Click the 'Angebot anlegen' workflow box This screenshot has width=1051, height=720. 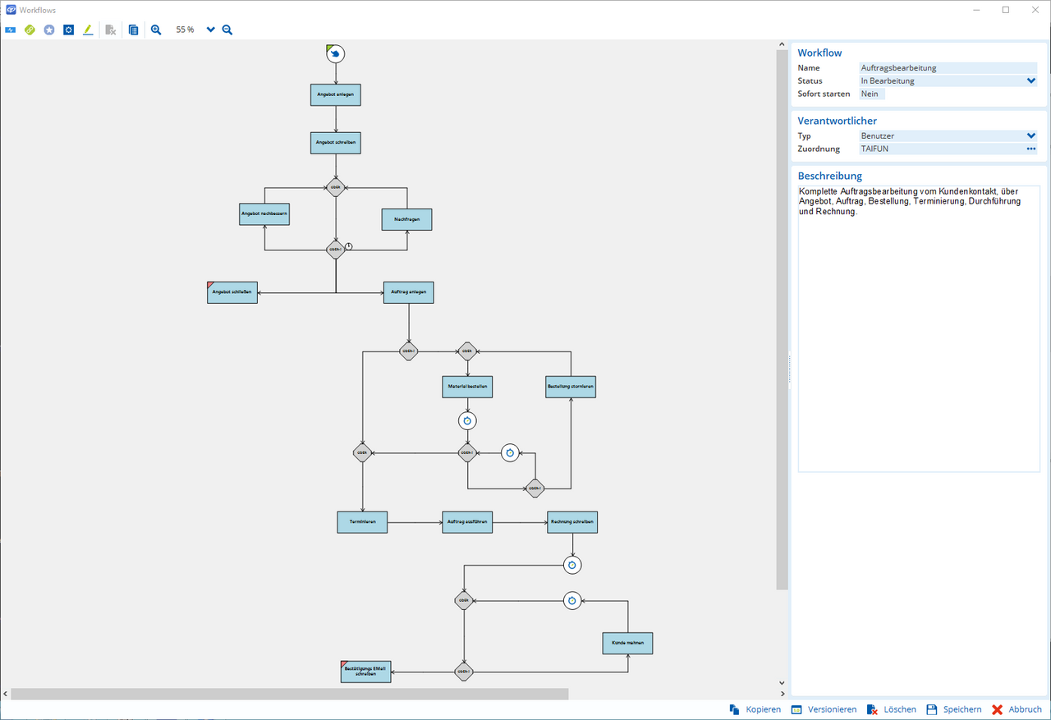(335, 95)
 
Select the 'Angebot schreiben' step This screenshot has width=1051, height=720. (335, 143)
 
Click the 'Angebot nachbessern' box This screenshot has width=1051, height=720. (264, 214)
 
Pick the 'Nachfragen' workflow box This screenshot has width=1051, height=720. (406, 220)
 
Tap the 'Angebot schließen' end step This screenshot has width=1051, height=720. (232, 293)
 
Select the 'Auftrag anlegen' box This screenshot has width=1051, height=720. (408, 293)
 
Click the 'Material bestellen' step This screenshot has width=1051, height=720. (467, 387)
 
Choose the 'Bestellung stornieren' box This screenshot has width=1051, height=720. (571, 387)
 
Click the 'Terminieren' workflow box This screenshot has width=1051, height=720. (362, 522)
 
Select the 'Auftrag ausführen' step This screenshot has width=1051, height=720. (467, 522)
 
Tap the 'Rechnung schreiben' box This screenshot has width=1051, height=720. (572, 522)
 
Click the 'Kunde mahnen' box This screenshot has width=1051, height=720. (627, 643)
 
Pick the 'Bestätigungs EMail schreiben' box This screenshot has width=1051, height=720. (366, 672)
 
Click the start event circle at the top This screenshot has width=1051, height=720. (335, 54)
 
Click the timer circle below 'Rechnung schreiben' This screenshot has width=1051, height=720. (572, 565)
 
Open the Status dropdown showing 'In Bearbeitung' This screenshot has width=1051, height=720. (948, 81)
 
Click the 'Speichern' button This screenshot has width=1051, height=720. (953, 709)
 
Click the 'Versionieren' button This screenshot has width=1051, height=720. (824, 709)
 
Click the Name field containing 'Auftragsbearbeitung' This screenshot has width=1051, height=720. (948, 68)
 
